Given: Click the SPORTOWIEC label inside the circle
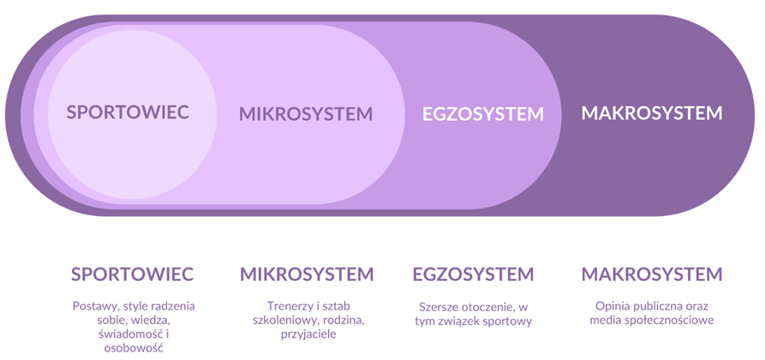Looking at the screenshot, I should [x=128, y=112].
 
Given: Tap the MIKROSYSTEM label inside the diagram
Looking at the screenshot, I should [x=306, y=114].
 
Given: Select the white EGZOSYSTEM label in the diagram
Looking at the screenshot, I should [x=482, y=114].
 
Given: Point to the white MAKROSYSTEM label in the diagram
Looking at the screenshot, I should [x=651, y=113].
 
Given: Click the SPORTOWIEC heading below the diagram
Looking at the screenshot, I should [x=132, y=274].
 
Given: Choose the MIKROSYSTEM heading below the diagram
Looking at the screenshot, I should [x=307, y=274].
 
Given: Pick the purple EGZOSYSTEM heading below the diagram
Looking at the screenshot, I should [x=473, y=274].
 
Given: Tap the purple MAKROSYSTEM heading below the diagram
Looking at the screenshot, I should [x=651, y=274].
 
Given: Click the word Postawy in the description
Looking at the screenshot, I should [x=93, y=306].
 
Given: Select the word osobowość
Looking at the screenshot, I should [x=133, y=349].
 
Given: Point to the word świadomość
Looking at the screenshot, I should [x=124, y=335].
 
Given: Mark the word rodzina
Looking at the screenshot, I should [x=342, y=321].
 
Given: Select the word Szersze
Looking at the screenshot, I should [x=439, y=307].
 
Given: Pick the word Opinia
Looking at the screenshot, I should [x=613, y=306].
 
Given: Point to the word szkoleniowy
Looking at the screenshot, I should [x=283, y=321].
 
